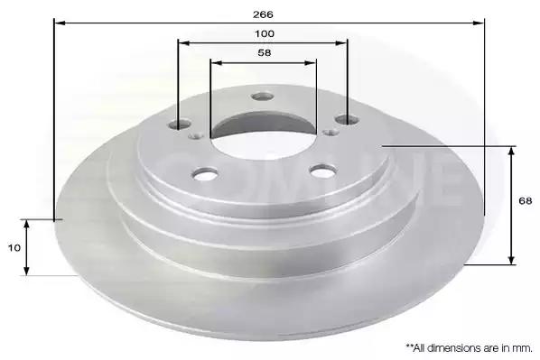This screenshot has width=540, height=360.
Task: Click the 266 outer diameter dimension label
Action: click(x=263, y=14)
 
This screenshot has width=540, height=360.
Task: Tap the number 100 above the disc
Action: click(x=265, y=33)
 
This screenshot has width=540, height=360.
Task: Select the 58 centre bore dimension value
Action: click(x=265, y=52)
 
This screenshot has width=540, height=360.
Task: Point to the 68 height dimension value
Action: click(x=526, y=200)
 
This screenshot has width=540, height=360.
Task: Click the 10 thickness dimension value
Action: click(x=14, y=248)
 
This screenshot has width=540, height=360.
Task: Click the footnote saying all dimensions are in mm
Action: click(x=469, y=348)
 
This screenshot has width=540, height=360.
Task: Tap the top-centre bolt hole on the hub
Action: click(x=263, y=97)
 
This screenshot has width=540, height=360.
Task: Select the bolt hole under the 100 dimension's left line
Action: click(x=179, y=124)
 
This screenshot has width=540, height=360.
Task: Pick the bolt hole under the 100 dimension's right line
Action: click(x=347, y=120)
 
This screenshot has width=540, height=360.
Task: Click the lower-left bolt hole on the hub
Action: click(x=205, y=173)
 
